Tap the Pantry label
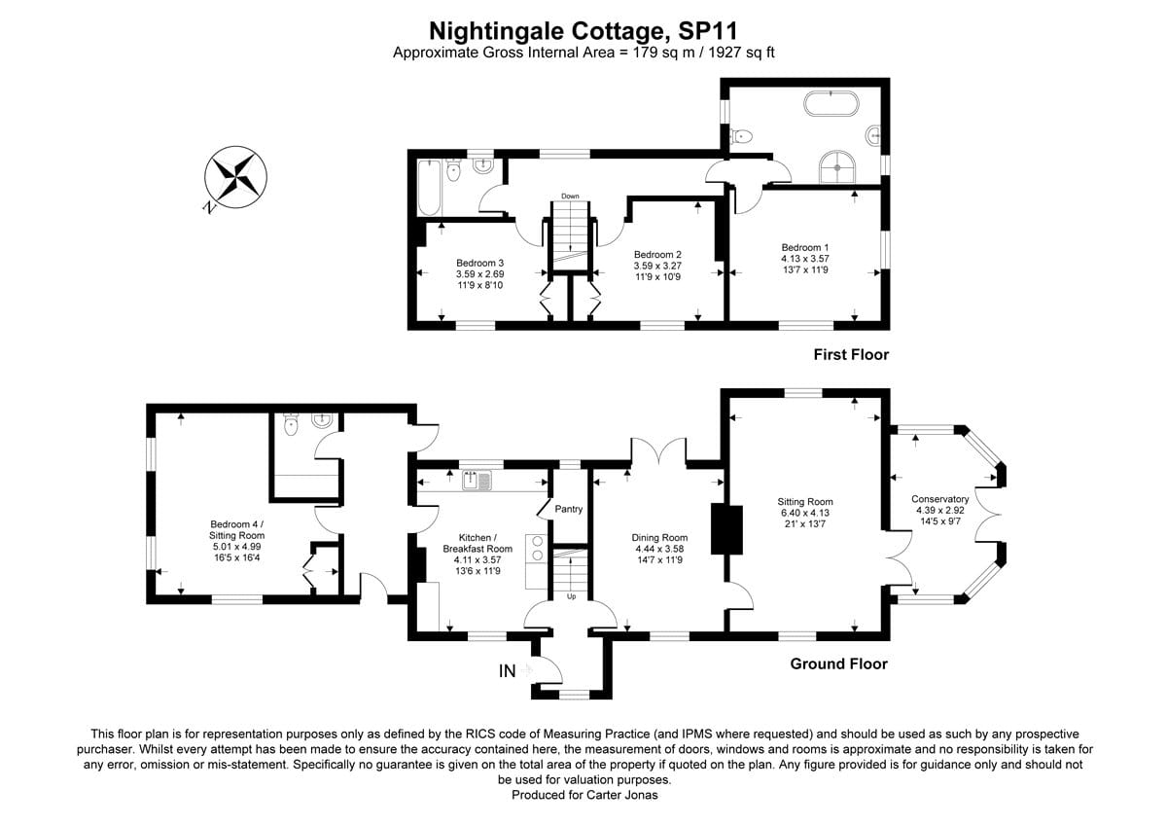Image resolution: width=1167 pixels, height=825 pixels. pyautogui.click(x=568, y=509)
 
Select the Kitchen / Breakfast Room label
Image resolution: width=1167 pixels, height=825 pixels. pyautogui.click(x=477, y=549)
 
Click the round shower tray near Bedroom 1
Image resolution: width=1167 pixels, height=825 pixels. pyautogui.click(x=836, y=166)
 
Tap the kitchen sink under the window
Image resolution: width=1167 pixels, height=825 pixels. pyautogui.click(x=477, y=480)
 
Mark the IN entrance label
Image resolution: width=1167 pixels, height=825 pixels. pyautogui.click(x=507, y=670)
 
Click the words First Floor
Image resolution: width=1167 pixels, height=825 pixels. pyautogui.click(x=851, y=355)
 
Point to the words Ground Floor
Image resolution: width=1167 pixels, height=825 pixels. pyautogui.click(x=838, y=664)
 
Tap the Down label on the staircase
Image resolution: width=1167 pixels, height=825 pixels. pyautogui.click(x=570, y=197)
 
